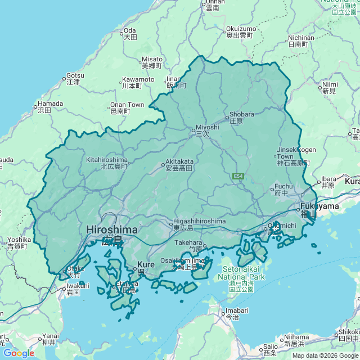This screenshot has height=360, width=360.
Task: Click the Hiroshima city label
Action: (111, 230)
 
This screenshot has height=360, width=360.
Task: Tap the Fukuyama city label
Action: (319, 206)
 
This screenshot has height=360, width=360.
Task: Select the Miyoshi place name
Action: (207, 127)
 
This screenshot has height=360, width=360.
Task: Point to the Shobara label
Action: (241, 114)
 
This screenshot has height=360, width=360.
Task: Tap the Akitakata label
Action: (179, 161)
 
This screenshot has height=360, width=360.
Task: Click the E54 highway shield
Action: (238, 177)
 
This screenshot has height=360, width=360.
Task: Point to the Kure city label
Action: (146, 264)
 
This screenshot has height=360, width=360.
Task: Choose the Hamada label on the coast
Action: (50, 104)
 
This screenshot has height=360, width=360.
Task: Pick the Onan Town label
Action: (127, 105)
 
